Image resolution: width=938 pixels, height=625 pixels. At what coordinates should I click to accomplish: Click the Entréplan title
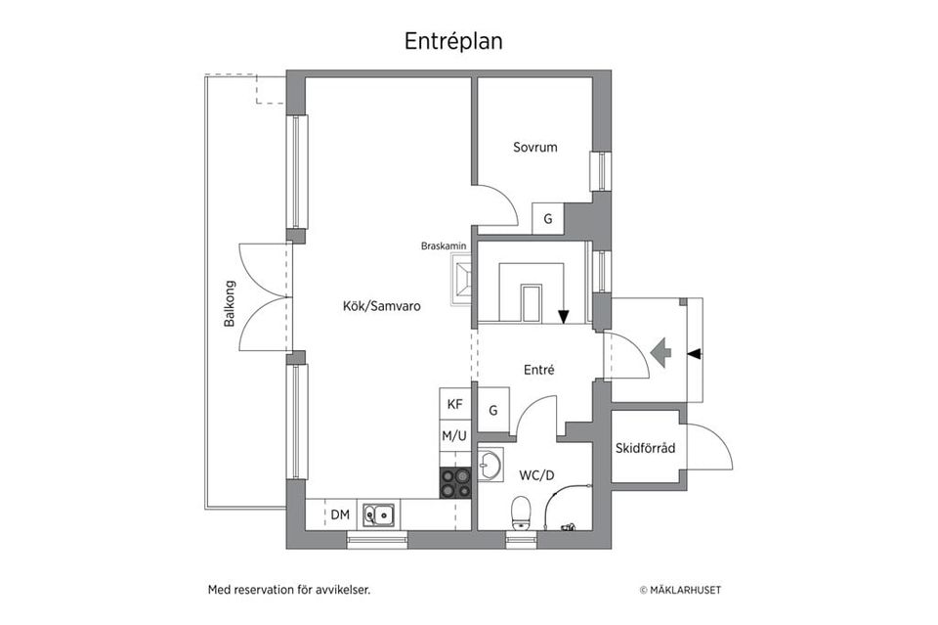[453, 41]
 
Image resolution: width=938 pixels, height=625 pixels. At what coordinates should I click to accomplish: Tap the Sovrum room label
[534, 148]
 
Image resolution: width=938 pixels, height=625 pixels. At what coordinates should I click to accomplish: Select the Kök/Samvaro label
[381, 306]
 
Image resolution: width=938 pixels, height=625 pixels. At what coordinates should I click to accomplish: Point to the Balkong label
[230, 303]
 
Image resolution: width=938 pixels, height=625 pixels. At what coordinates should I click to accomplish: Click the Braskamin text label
[444, 246]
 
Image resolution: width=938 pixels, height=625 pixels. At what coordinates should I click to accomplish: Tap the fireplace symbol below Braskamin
[462, 280]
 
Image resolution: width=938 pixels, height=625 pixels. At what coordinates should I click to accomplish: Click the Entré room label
[539, 370]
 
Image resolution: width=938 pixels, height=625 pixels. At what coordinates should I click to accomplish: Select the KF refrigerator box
[454, 404]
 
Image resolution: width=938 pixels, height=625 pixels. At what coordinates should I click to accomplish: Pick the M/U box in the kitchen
[454, 435]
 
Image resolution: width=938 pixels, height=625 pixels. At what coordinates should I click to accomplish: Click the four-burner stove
[455, 483]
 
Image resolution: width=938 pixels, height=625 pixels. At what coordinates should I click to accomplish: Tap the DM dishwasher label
[340, 514]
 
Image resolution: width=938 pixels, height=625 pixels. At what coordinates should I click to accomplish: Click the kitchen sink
[379, 513]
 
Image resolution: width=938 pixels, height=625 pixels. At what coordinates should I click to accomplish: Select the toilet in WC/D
[521, 512]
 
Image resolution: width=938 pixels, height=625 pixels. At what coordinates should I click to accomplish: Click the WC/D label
[536, 475]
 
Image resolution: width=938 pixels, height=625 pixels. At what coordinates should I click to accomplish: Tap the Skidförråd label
[646, 450]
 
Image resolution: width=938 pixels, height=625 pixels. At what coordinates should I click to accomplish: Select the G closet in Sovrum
[548, 219]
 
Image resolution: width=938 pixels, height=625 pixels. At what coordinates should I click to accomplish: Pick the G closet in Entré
[493, 409]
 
